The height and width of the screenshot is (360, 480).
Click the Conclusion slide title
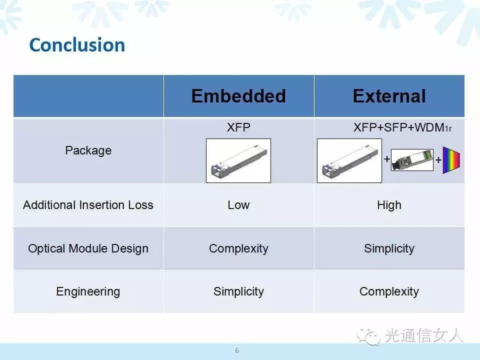[77, 45]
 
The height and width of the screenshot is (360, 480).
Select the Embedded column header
[239, 96]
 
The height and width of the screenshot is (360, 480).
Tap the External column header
[389, 96]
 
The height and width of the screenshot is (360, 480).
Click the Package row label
[88, 150]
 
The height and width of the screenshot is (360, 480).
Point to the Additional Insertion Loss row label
[88, 205]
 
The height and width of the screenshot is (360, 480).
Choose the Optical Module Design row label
[88, 248]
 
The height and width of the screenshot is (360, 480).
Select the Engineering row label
[88, 291]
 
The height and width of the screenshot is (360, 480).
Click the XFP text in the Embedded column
[238, 127]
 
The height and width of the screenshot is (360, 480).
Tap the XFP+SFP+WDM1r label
[402, 127]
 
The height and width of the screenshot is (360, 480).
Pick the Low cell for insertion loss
[238, 205]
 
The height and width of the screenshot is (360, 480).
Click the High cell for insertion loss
[389, 205]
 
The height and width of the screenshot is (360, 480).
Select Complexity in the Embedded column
[239, 248]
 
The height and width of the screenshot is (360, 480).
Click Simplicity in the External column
[389, 248]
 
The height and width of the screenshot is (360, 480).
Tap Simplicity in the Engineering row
[239, 291]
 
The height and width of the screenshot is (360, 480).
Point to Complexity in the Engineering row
[389, 291]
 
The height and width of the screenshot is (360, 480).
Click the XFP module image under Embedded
[238, 160]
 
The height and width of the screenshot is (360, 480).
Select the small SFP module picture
[412, 160]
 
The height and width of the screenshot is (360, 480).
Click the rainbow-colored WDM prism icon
[451, 160]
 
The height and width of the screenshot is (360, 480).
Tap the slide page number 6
[237, 351]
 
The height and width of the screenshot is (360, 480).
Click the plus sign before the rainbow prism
[438, 160]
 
